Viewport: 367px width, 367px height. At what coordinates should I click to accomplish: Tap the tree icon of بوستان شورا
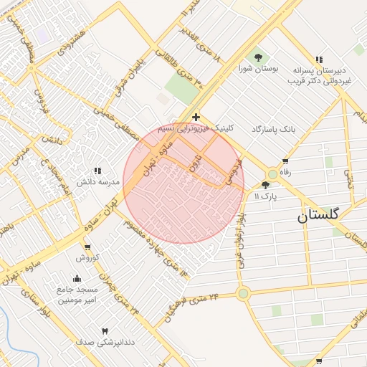click(x=258, y=57)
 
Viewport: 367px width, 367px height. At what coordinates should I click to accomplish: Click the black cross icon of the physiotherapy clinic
click(x=196, y=117)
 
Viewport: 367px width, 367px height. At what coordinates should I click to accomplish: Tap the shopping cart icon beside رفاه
click(x=286, y=161)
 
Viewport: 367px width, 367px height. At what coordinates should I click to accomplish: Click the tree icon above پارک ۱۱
click(x=266, y=185)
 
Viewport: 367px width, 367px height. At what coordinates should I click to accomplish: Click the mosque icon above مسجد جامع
click(x=77, y=278)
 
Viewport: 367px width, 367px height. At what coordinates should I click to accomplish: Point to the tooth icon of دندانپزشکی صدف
click(x=105, y=331)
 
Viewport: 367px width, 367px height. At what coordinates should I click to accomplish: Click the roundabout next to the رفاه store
click(x=272, y=174)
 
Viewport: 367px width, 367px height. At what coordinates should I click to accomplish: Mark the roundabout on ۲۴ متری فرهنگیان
click(x=243, y=292)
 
